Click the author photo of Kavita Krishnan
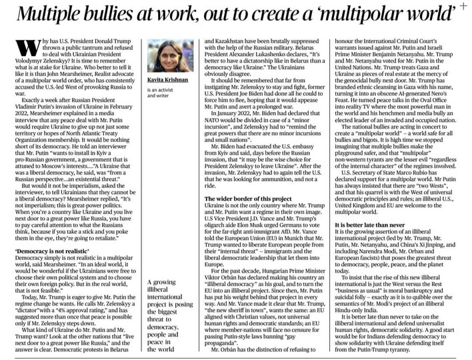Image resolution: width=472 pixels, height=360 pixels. (163, 56)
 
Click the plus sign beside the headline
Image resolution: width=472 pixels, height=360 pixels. (463, 7)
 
